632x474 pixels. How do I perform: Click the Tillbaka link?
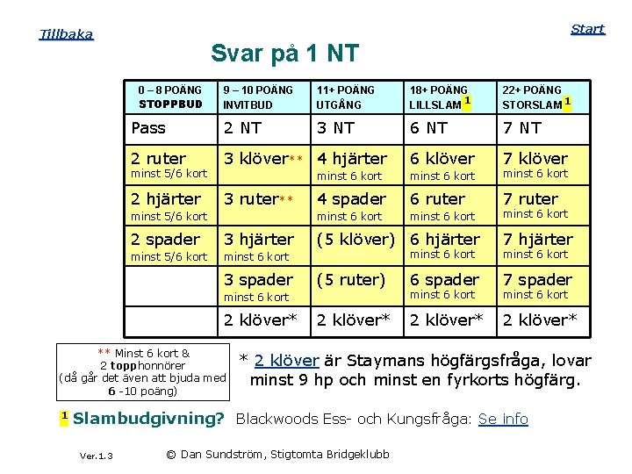tap(66, 34)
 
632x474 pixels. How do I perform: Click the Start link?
tap(587, 29)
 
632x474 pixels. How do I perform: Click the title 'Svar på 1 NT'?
tap(284, 54)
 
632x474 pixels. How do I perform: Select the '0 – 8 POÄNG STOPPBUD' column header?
tap(170, 97)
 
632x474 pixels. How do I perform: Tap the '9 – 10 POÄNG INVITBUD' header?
tap(258, 97)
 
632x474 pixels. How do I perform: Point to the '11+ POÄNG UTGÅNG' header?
tap(346, 97)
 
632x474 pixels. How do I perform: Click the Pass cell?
tap(148, 128)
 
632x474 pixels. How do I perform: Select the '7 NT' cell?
tap(521, 128)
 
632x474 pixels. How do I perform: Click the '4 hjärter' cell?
tap(352, 159)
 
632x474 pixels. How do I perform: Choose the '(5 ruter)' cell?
tap(351, 280)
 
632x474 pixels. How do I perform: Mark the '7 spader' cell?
tap(536, 280)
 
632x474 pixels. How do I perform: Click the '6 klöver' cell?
tap(442, 159)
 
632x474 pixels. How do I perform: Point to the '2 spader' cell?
tap(166, 240)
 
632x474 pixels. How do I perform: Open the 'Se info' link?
tap(503, 419)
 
